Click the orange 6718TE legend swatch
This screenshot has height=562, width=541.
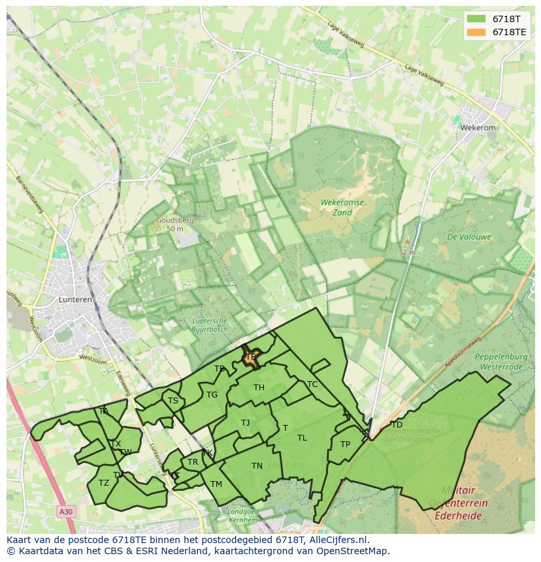point(476,32)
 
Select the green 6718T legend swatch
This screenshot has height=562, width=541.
point(476,19)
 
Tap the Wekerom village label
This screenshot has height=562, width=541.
point(478,128)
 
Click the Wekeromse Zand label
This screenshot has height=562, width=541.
point(342,208)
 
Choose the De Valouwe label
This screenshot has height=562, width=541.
point(469,237)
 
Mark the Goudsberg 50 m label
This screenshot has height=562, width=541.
point(174,225)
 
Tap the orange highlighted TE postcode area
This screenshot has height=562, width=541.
point(251,357)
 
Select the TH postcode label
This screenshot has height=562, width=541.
point(259,388)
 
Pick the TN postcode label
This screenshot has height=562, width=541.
point(257,466)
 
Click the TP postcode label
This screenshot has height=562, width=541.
point(345,445)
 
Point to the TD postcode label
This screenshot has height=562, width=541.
point(397,425)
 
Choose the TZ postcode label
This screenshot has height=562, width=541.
point(104,483)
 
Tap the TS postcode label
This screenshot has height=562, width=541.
point(173,401)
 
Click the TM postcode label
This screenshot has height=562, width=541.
point(216,484)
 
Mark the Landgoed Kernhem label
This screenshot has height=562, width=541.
point(242,516)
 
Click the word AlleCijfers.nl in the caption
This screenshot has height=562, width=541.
point(338,540)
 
